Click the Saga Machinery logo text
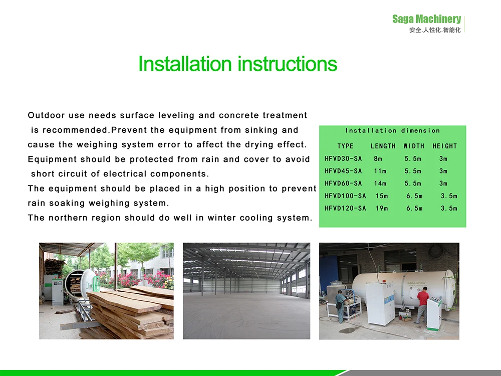pos(426,19)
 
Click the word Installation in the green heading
pos(185,64)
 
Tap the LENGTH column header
pos(383,146)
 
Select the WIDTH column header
pos(414,146)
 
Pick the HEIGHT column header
pos(445,146)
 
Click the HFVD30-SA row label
pos(343,158)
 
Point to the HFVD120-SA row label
pos(345,208)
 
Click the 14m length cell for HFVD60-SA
pos(380,183)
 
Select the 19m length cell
pos(382,208)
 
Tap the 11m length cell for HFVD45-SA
pos(380,171)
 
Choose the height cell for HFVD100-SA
pos(449,196)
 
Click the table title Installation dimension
pos(393,130)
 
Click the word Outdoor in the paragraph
pos(46,115)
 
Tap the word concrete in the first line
pos(239,115)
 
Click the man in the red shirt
pos(422,305)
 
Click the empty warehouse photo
pos(246,291)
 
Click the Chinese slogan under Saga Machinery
pos(435,30)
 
